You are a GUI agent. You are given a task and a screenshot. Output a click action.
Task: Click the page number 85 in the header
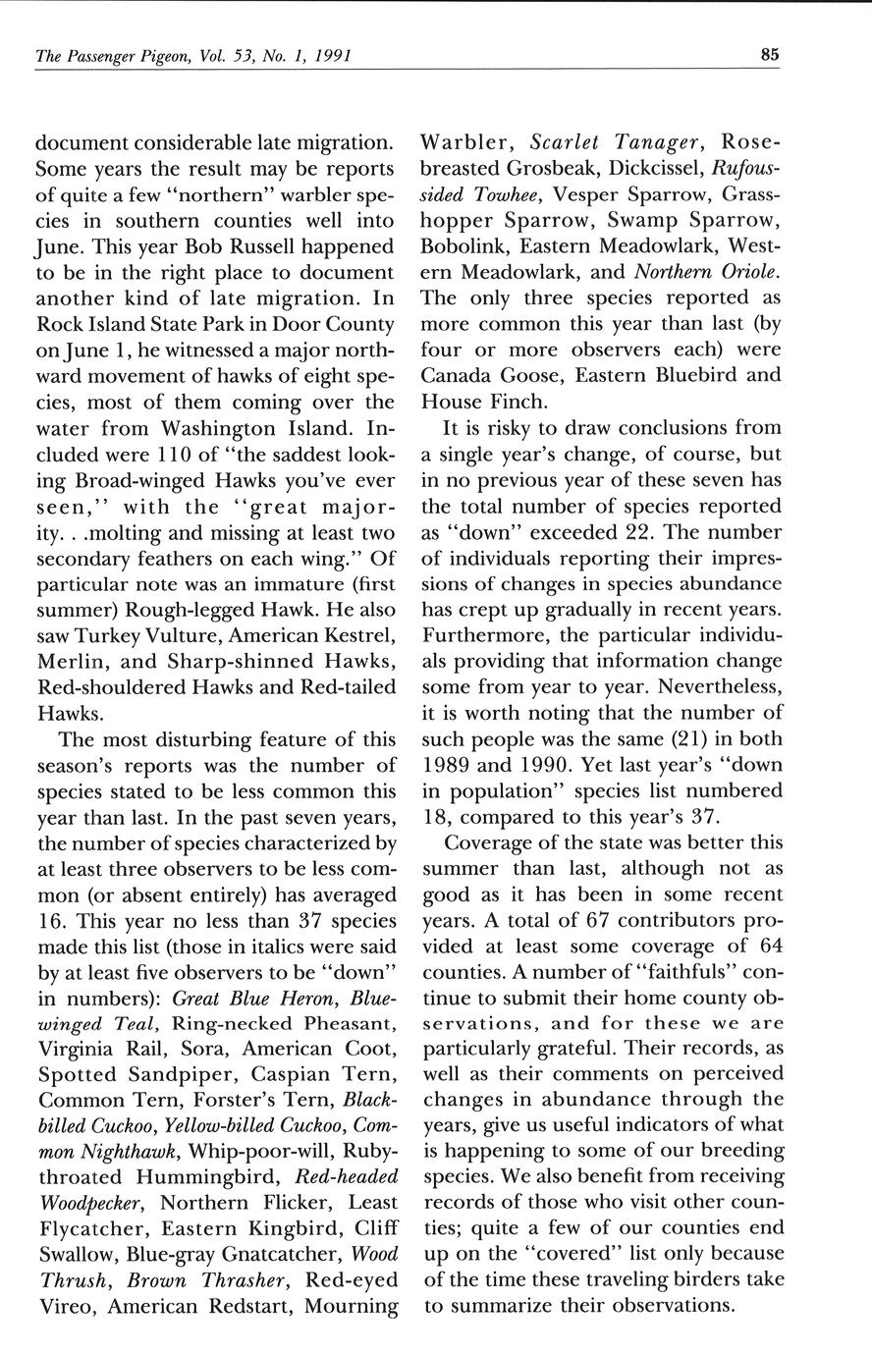(769, 55)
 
